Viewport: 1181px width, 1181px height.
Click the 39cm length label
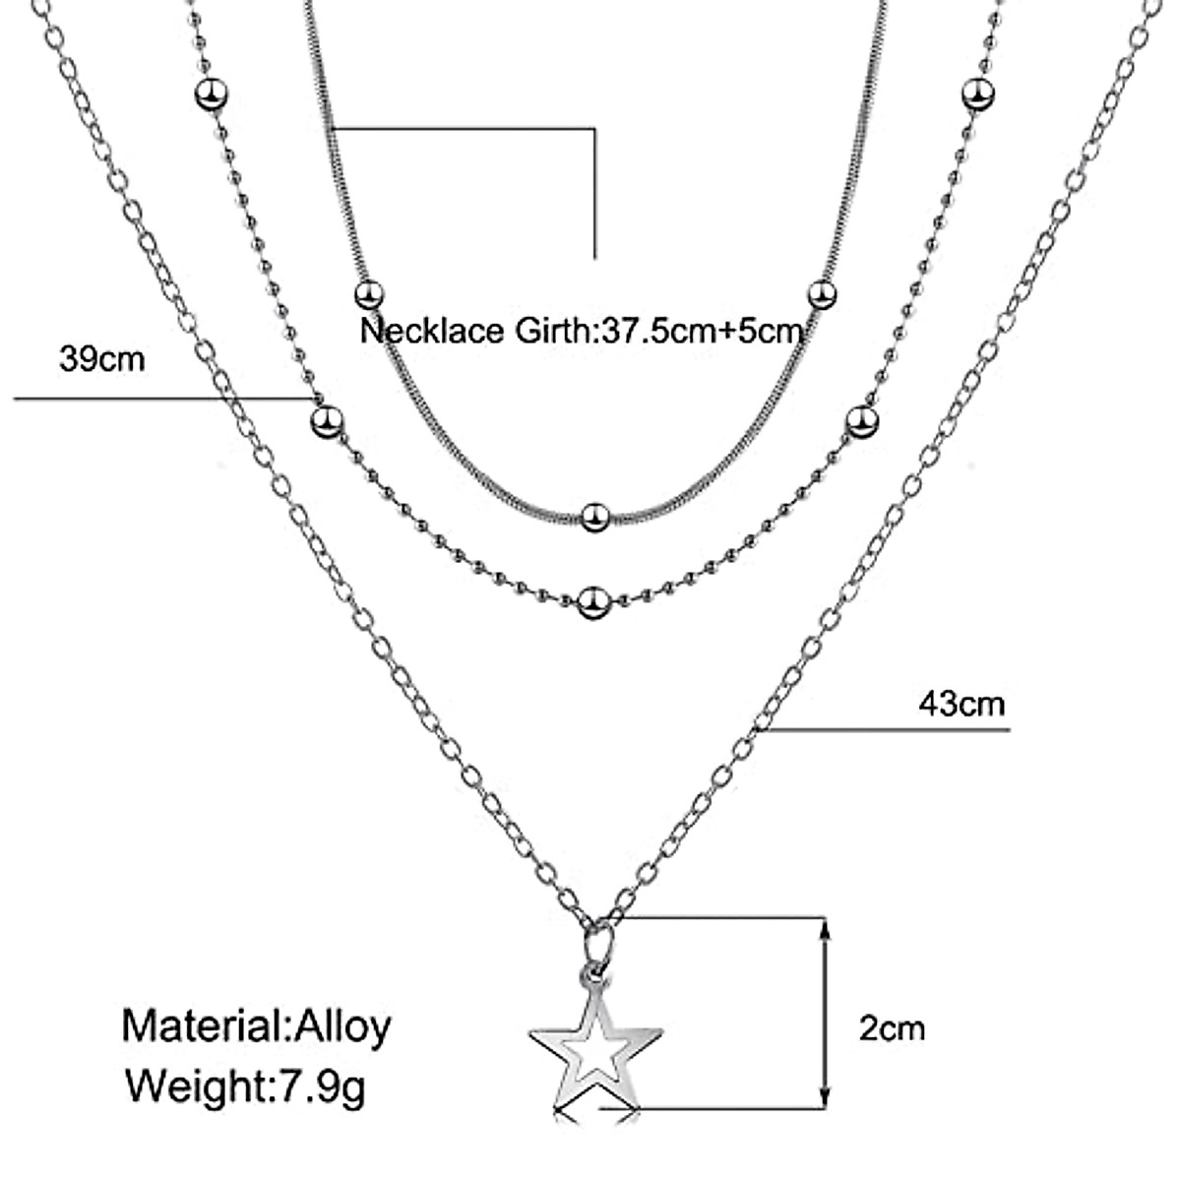pos(101,359)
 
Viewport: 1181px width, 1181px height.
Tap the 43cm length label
pos(961,704)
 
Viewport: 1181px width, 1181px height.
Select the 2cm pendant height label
pos(892,1028)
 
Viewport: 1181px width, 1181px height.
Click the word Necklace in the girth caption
pos(433,330)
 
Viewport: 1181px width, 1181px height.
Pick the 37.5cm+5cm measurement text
pos(700,330)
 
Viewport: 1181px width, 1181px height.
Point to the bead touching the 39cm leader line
pos(326,422)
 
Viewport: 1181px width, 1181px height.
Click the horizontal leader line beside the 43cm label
pos(886,730)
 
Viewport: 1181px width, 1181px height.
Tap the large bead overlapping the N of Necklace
pos(368,293)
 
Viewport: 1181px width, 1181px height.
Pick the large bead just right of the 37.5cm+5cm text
pos(822,293)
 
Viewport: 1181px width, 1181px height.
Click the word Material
pos(202,1026)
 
